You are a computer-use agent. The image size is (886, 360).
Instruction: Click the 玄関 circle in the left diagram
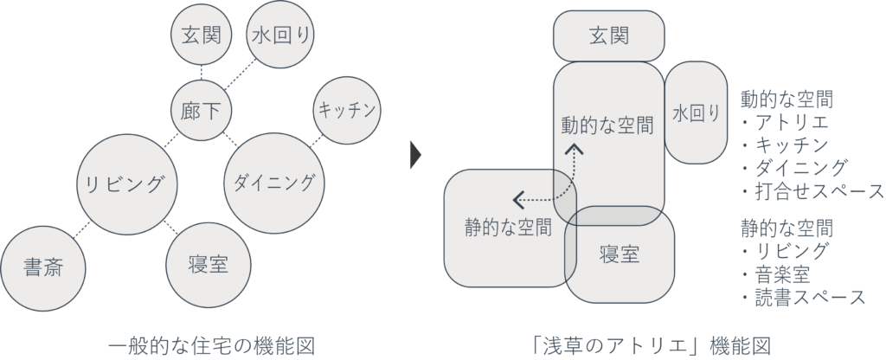coord(202,35)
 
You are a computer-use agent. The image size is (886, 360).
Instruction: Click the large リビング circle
coord(127,183)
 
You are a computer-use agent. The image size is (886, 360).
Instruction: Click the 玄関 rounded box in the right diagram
coord(608,35)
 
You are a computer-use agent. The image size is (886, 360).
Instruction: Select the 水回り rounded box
coord(695,112)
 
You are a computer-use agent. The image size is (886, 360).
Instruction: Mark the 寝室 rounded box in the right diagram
coord(619,254)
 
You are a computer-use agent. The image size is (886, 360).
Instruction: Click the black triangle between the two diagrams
coord(416,156)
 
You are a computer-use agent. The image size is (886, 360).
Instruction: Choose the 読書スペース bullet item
coord(805,298)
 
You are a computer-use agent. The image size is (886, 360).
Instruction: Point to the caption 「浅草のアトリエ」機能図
coord(652,345)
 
